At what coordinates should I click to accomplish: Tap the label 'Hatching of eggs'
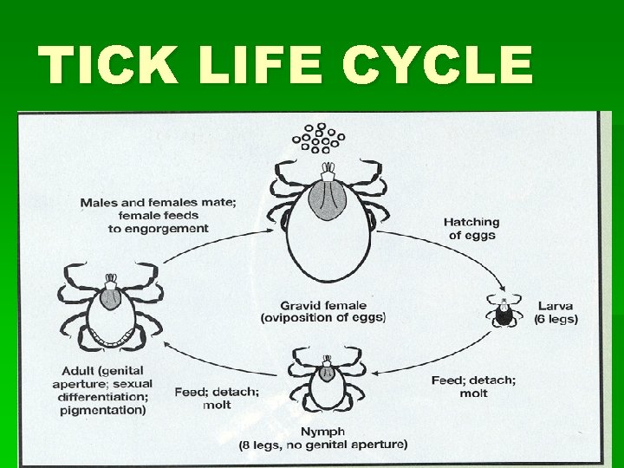point(471,229)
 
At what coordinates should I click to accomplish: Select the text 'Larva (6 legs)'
point(556,313)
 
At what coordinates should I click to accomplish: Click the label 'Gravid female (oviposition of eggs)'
point(323,311)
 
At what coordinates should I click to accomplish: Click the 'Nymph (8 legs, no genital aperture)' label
point(323,439)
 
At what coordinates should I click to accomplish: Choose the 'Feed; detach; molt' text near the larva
point(473,387)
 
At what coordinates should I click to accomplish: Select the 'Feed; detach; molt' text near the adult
point(217,398)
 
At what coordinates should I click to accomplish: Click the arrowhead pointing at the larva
point(502,289)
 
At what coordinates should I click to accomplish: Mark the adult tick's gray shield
point(110,297)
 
